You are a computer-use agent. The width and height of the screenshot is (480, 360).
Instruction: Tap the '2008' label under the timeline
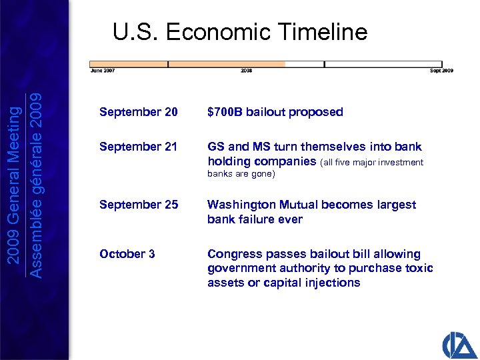pyautogui.click(x=246, y=70)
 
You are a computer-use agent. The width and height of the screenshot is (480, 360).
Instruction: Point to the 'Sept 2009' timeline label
pyautogui.click(x=441, y=70)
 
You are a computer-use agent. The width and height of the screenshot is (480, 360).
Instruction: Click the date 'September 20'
pyautogui.click(x=139, y=112)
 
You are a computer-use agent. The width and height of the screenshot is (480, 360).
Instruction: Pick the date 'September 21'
pyautogui.click(x=139, y=147)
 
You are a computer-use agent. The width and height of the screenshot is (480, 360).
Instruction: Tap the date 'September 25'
pyautogui.click(x=139, y=205)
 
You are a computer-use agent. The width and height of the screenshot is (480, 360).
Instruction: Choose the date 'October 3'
pyautogui.click(x=127, y=254)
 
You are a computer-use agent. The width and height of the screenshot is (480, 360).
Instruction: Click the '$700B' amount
pyautogui.click(x=225, y=112)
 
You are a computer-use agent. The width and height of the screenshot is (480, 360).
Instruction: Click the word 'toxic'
pyautogui.click(x=419, y=268)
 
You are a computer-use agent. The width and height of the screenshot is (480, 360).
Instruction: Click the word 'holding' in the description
pyautogui.click(x=227, y=161)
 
